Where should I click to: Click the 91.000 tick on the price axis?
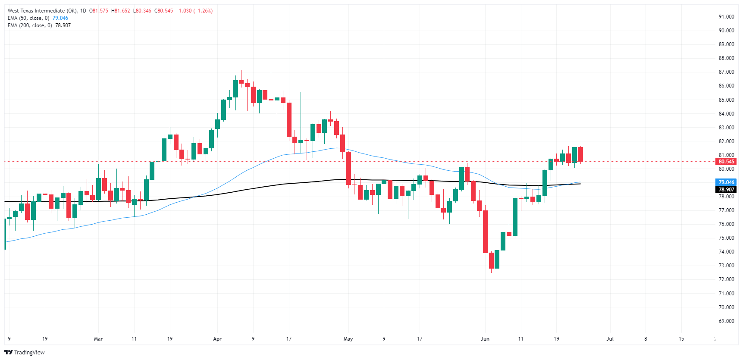click(x=726, y=17)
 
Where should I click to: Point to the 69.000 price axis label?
click(x=726, y=321)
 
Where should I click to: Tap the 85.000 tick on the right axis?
click(x=726, y=100)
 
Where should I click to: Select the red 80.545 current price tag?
click(x=726, y=162)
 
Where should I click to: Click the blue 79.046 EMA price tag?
click(x=726, y=182)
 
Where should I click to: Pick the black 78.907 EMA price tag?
click(x=726, y=190)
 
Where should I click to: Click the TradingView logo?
click(x=25, y=352)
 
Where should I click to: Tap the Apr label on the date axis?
click(x=217, y=339)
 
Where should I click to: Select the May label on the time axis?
click(x=348, y=339)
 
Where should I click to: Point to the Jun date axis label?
click(x=485, y=339)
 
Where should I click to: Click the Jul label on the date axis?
click(x=610, y=339)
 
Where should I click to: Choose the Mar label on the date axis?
click(x=98, y=339)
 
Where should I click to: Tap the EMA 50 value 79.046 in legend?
click(x=60, y=18)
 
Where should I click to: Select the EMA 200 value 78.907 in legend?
click(x=63, y=25)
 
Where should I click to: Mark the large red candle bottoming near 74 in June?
click(x=485, y=232)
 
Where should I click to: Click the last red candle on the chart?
click(x=580, y=154)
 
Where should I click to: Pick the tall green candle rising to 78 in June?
click(x=515, y=217)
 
